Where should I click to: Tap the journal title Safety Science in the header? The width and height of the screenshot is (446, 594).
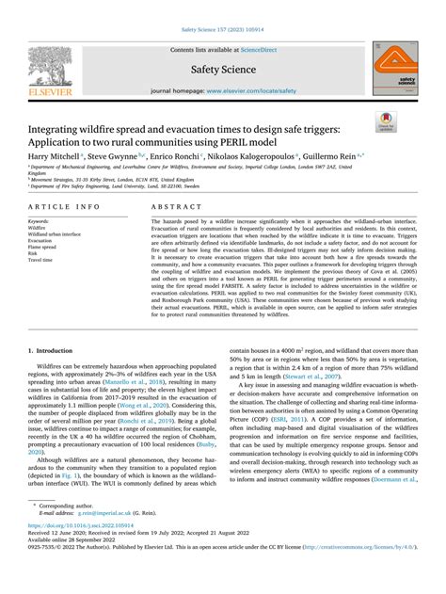click(x=223, y=69)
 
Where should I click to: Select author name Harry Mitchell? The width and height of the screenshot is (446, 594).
click(x=53, y=154)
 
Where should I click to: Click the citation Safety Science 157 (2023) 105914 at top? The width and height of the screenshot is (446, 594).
click(x=222, y=30)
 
